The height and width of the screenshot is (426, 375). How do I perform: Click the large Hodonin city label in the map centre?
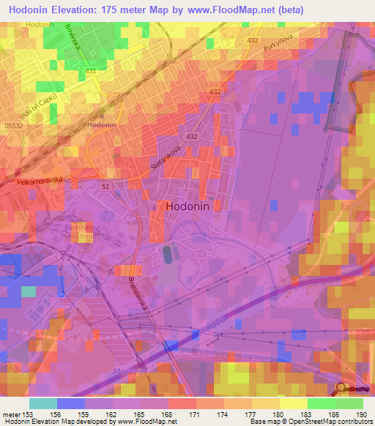coord(187,206)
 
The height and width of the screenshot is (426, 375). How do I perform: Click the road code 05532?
coord(12,125)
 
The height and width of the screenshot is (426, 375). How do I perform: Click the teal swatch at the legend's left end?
coord(42,403)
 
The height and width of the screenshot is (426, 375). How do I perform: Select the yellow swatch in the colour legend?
coord(293,403)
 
